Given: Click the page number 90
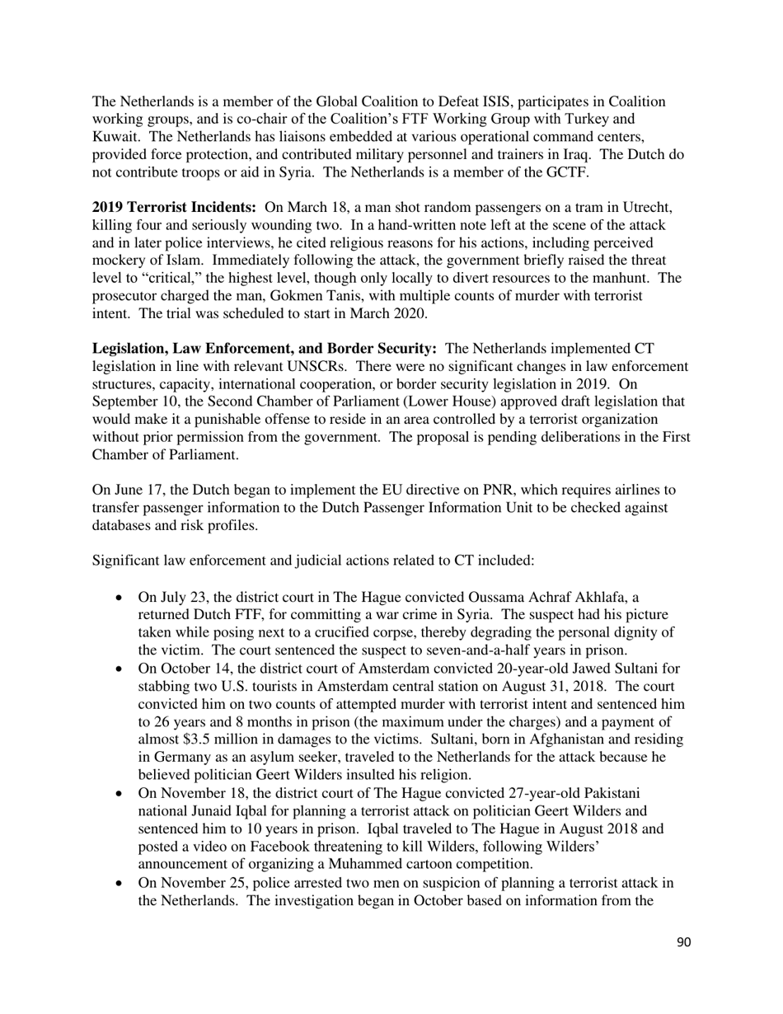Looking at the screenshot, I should [683, 942].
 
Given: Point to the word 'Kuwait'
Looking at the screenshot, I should [114, 136].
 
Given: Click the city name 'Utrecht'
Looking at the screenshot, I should [656, 208].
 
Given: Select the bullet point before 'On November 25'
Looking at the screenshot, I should [122, 883].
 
